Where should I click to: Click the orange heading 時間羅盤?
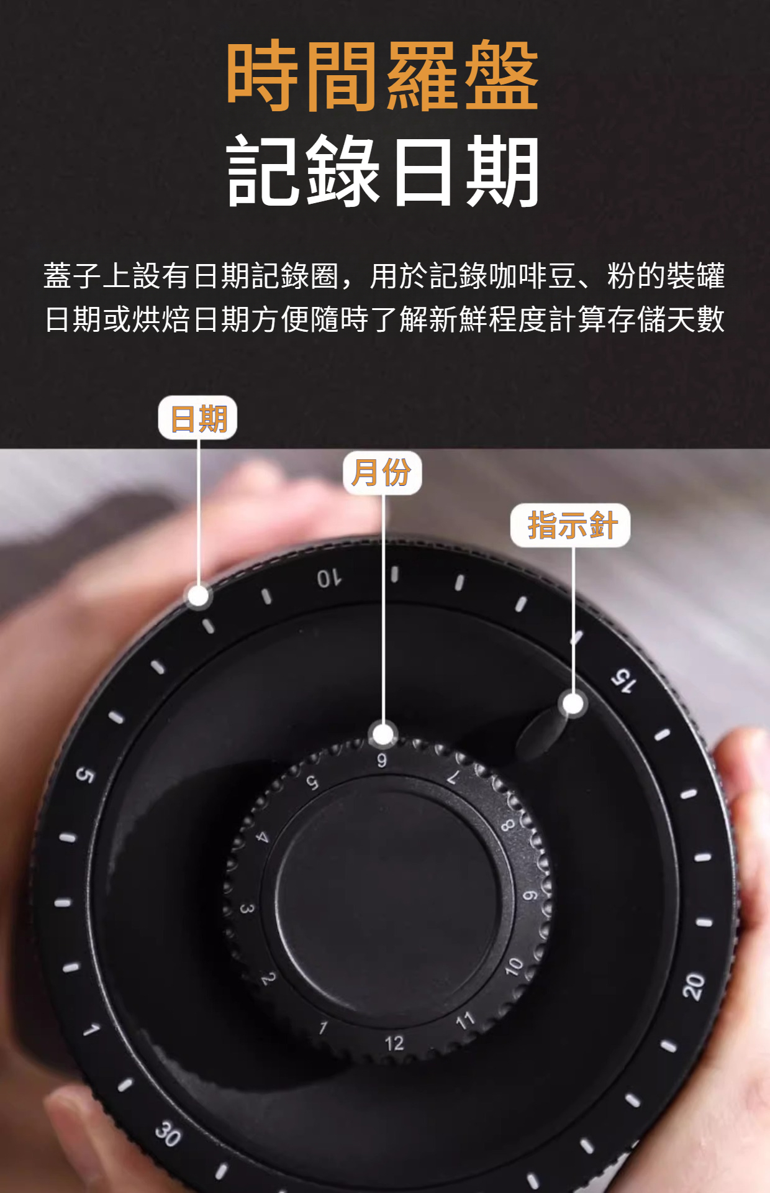coord(382,76)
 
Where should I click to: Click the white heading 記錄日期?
coord(382,171)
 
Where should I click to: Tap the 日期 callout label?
coord(198,418)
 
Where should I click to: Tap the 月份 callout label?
coord(382,473)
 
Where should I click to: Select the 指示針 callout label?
coord(571,526)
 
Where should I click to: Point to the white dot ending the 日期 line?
coord(198,596)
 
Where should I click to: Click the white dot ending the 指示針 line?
coord(573,704)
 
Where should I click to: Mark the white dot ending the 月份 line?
coord(383,734)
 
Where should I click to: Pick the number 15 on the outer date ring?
coord(623,681)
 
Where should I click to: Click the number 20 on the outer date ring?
coord(693,986)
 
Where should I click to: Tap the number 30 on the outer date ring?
coord(168,1133)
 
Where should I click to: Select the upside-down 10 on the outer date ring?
coord(329,578)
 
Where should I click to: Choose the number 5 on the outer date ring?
coord(85,775)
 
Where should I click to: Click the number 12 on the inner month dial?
coord(394,1043)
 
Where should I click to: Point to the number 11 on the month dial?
coord(465,1021)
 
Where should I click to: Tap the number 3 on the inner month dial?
coord(247,909)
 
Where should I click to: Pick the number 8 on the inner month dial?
coord(507,825)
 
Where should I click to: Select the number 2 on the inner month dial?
coord(268,979)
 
